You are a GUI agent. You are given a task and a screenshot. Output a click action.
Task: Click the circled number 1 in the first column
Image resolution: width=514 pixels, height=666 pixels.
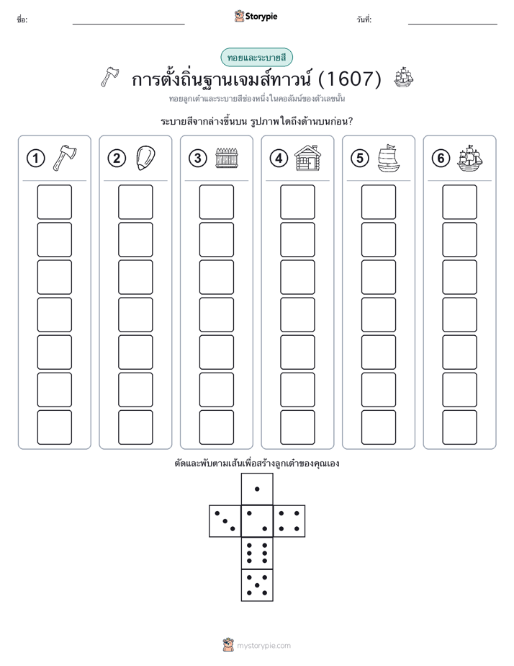click(x=35, y=159)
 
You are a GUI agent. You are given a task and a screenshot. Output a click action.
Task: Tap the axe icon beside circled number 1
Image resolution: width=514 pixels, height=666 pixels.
click(x=65, y=158)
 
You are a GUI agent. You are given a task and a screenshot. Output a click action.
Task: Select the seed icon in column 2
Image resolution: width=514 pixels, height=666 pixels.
click(x=145, y=158)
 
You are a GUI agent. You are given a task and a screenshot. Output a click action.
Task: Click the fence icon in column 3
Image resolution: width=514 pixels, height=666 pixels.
click(x=227, y=158)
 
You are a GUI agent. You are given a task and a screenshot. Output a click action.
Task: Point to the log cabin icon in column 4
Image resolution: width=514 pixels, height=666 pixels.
click(x=308, y=158)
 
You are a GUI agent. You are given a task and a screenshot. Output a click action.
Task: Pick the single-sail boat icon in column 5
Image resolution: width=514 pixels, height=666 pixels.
click(x=388, y=158)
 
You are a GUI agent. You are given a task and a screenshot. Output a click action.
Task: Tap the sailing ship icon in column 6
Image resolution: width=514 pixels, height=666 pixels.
click(x=470, y=158)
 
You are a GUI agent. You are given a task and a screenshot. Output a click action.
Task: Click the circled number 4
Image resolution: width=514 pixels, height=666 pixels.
click(x=279, y=159)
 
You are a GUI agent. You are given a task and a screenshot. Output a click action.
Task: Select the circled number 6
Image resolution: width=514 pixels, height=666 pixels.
click(x=441, y=159)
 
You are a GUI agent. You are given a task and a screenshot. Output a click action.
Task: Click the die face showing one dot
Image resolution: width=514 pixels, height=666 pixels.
click(x=257, y=489)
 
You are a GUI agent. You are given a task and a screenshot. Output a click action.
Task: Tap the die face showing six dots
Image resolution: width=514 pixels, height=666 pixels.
click(x=257, y=553)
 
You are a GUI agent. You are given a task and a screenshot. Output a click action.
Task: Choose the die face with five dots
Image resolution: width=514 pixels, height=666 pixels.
click(x=257, y=585)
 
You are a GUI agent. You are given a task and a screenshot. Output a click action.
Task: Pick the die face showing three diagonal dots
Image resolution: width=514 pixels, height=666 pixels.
click(x=225, y=521)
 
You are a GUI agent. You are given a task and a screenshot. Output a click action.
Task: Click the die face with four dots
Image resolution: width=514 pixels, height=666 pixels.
click(x=289, y=521)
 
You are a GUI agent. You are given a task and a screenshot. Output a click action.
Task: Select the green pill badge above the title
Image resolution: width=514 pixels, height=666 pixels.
click(x=256, y=58)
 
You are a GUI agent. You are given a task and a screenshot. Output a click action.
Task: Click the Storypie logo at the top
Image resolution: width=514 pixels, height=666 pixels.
click(x=256, y=17)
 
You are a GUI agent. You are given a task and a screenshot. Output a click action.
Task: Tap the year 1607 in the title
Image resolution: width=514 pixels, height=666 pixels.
click(x=349, y=79)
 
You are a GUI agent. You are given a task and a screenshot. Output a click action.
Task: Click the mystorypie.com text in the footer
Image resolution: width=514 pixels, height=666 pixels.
click(x=263, y=646)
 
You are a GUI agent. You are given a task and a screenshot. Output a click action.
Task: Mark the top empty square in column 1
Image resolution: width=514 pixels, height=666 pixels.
click(x=54, y=202)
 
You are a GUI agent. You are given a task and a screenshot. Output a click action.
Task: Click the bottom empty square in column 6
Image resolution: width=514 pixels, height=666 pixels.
click(x=459, y=427)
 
